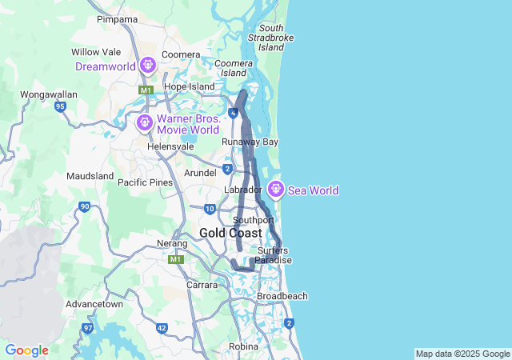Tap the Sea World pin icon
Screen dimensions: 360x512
[276, 190]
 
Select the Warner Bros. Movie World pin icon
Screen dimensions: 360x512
[145, 122]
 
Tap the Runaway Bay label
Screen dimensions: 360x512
[250, 142]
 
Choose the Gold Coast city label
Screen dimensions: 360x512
[230, 233]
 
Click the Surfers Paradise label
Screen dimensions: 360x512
[273, 255]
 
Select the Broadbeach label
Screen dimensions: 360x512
[282, 296]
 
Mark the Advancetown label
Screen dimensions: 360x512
[94, 304]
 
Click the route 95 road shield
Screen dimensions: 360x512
[60, 106]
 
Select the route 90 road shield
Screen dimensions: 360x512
[85, 207]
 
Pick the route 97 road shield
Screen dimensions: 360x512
[87, 328]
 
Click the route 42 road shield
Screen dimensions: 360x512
[162, 328]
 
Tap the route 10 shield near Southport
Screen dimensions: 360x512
[210, 209]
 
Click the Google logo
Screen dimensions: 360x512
[26, 350]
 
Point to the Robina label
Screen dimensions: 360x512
[243, 346]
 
